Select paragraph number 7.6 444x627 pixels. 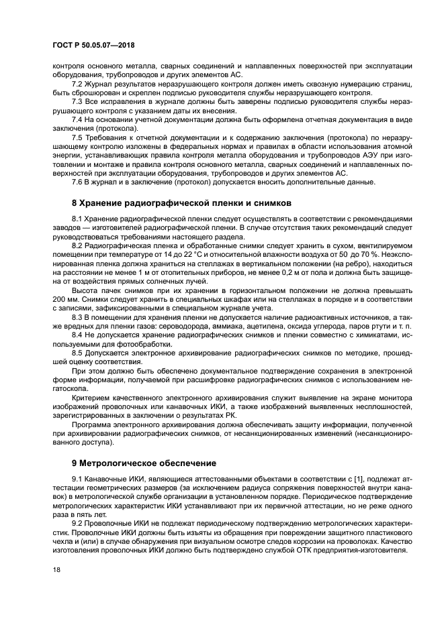[x=79, y=182]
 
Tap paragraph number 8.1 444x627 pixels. [x=79, y=219]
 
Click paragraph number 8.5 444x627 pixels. [x=79, y=352]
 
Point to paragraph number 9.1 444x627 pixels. [x=79, y=478]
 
